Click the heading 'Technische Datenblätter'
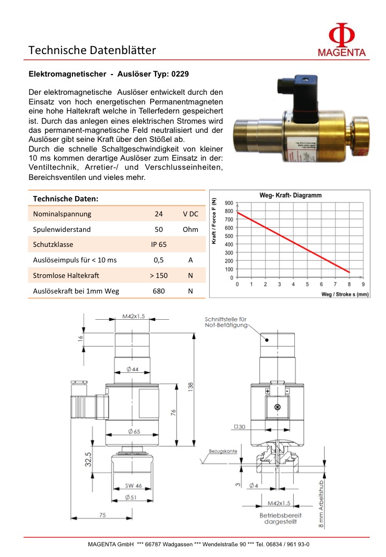pos(92,51)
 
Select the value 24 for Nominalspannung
pos(159,214)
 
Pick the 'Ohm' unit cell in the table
pos(190,229)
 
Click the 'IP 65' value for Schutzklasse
pos(159,245)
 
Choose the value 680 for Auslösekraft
pos(159,291)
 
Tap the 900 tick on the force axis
pos(229,203)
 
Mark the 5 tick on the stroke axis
pos(307,284)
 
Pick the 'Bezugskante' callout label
pos(223,451)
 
